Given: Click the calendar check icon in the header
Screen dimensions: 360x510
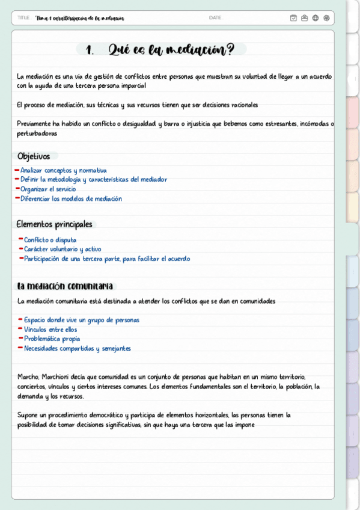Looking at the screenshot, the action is pyautogui.click(x=293, y=18).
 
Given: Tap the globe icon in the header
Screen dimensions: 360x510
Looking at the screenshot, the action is pyautogui.click(x=316, y=18).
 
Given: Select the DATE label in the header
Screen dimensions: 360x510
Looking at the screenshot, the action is pyautogui.click(x=215, y=18).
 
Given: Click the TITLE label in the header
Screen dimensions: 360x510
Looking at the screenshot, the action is pyautogui.click(x=24, y=18).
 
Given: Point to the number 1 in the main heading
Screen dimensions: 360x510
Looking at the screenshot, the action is pyautogui.click(x=90, y=51).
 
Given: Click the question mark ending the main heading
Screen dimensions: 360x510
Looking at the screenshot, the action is pyautogui.click(x=231, y=50).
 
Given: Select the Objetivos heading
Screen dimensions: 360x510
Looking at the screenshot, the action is pyautogui.click(x=34, y=156).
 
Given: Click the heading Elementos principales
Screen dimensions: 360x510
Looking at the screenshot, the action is pyautogui.click(x=54, y=224).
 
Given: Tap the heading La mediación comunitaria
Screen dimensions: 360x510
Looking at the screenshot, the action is pyautogui.click(x=64, y=286).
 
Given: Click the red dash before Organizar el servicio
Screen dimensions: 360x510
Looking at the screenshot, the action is pyautogui.click(x=17, y=189).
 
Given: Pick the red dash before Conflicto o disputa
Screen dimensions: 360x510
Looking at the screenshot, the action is pyautogui.click(x=20, y=239).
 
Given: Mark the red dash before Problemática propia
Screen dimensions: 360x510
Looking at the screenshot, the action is pyautogui.click(x=20, y=339).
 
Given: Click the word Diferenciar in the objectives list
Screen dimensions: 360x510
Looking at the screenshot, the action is pyautogui.click(x=35, y=198).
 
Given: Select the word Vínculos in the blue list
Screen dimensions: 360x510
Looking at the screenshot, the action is pyautogui.click(x=34, y=330).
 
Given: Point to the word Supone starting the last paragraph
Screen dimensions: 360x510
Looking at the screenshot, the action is pyautogui.click(x=28, y=415).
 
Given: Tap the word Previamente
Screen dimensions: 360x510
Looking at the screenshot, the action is pyautogui.click(x=34, y=124).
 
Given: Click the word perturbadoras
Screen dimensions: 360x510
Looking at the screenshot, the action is pyautogui.click(x=37, y=134).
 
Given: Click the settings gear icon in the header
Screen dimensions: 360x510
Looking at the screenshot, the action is pyautogui.click(x=326, y=18).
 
